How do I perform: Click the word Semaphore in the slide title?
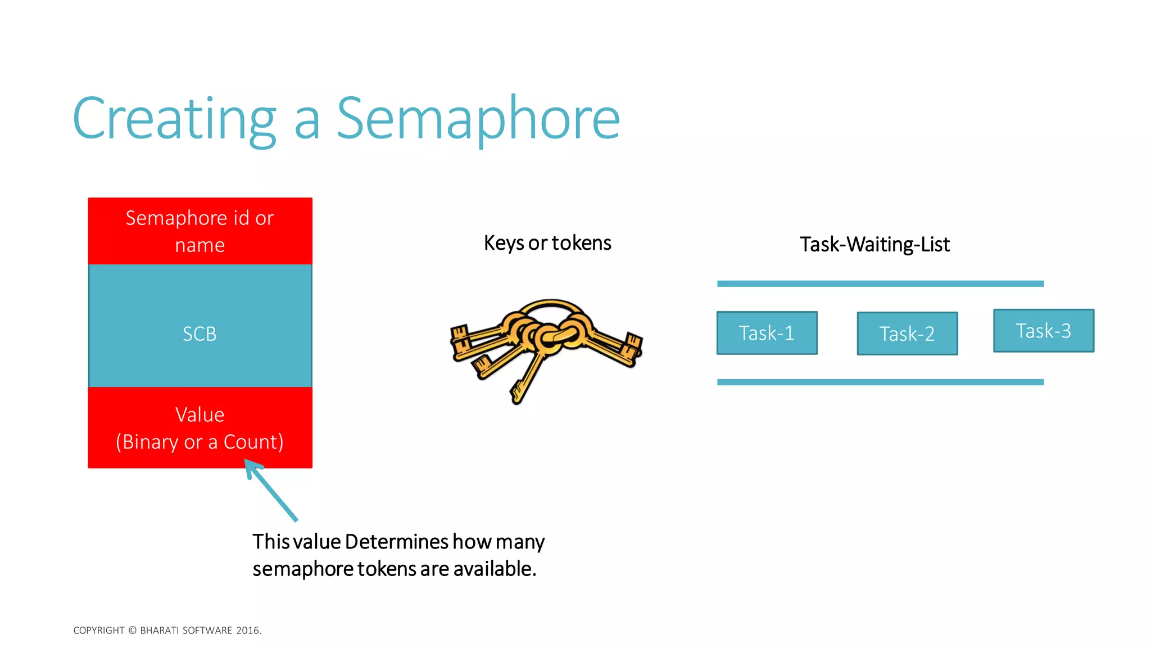tap(478, 119)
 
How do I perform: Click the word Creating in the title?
tap(174, 119)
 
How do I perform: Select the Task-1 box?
tap(767, 333)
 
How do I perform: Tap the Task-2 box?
tap(907, 334)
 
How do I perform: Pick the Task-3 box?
tap(1044, 331)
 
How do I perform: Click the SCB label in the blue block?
tap(200, 334)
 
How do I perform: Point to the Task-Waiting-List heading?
tap(874, 245)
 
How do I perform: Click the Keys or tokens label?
tap(547, 243)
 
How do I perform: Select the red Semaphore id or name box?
tap(200, 231)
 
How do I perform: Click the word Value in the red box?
tap(200, 415)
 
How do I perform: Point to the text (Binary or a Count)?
tap(200, 442)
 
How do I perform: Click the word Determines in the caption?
tap(397, 542)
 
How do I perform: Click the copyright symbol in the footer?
tap(133, 631)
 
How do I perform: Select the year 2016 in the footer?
tap(248, 631)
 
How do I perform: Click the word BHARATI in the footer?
tap(159, 631)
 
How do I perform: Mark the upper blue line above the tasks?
tap(880, 284)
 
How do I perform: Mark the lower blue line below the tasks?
tap(880, 382)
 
